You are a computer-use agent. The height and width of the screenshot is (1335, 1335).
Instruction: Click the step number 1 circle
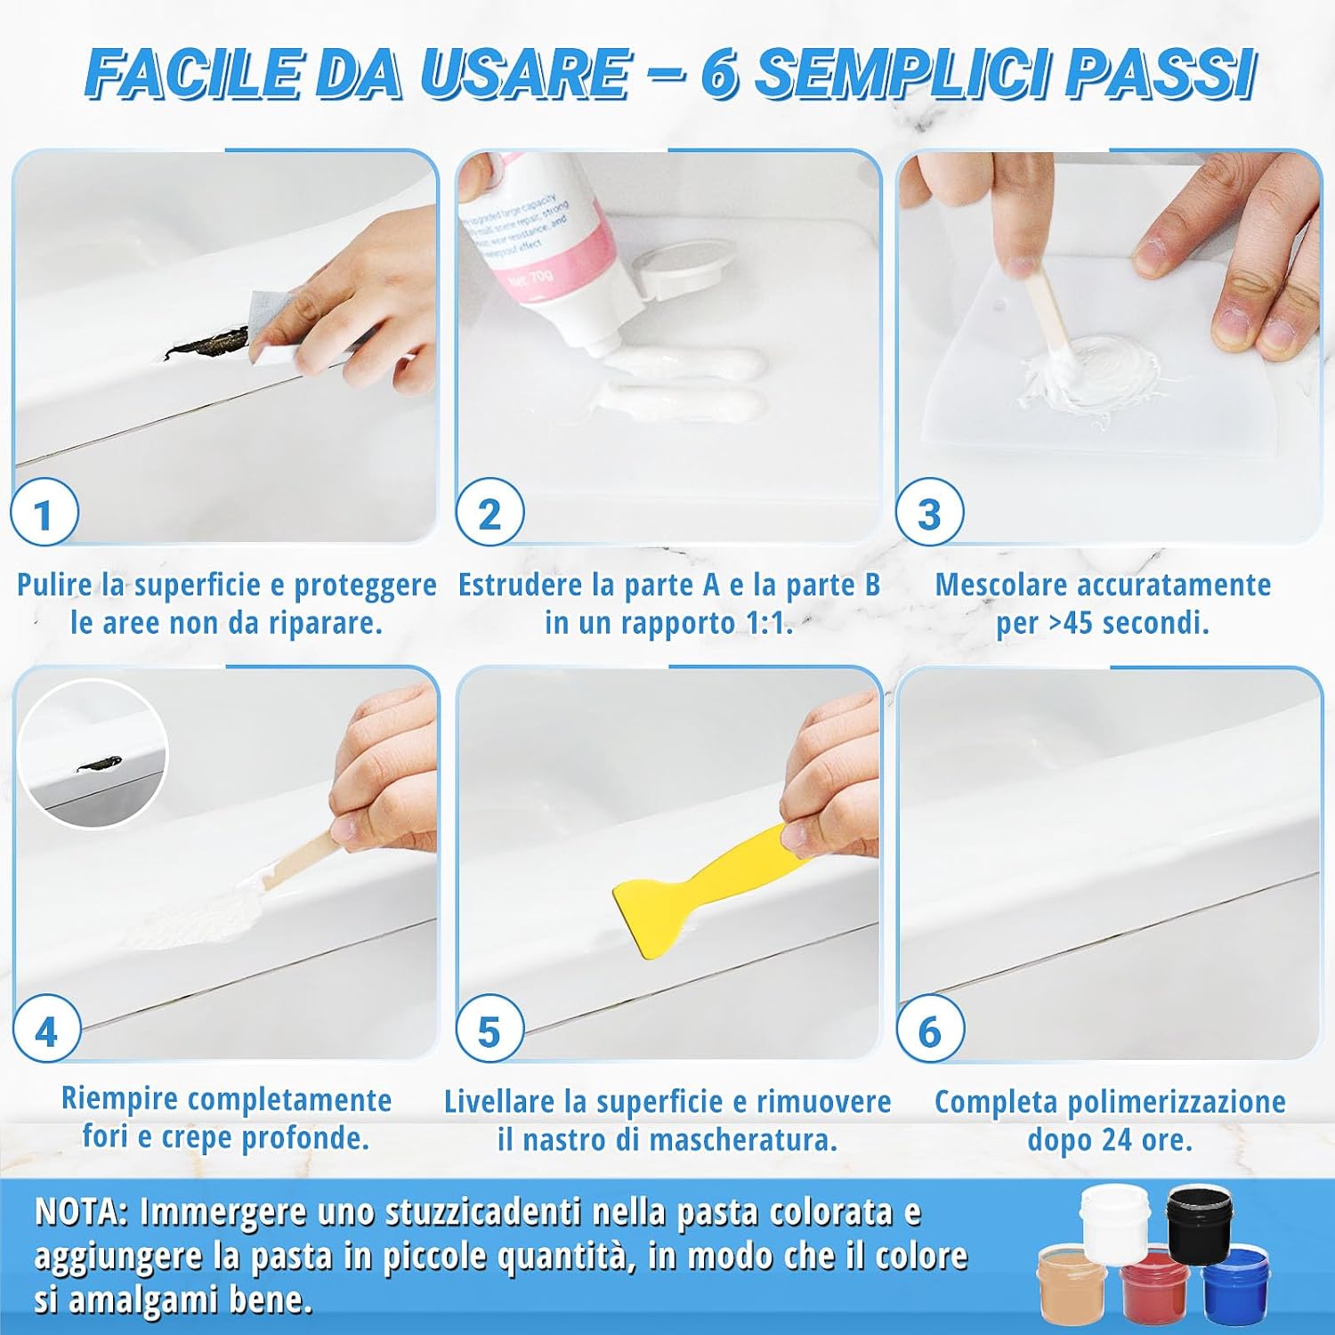[x=44, y=514]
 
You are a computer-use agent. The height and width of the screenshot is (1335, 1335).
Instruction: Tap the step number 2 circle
[x=489, y=514]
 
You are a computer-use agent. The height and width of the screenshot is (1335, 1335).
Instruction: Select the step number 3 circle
[x=929, y=514]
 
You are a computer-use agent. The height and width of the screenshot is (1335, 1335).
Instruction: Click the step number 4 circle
[x=46, y=1031]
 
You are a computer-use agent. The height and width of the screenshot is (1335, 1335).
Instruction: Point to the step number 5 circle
[x=489, y=1031]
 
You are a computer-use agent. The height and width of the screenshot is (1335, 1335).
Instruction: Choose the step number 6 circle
[x=930, y=1031]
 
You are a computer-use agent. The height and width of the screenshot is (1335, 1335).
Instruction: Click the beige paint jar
[x=1072, y=1282]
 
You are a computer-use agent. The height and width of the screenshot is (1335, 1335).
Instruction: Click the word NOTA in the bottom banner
[x=80, y=1212]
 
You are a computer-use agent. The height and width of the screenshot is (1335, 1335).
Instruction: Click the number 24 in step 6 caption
[x=1113, y=1139]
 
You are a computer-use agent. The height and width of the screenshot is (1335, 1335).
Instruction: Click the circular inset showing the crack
[x=93, y=754]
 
